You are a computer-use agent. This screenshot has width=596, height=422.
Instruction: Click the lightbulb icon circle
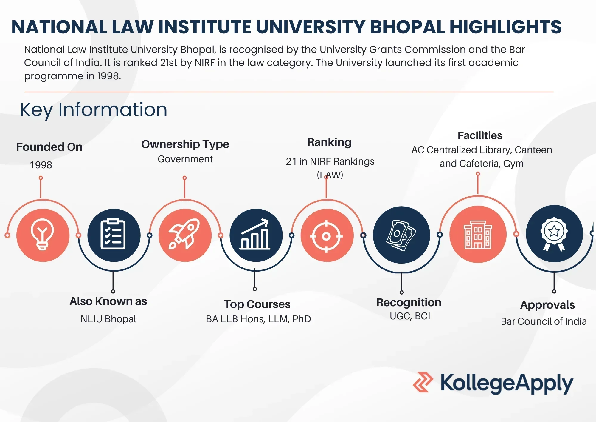(43, 235)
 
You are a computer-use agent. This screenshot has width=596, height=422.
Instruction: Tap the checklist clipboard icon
(114, 235)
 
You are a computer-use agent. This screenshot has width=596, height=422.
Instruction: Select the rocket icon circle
(185, 235)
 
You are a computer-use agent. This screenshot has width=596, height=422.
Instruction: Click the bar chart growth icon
(256, 235)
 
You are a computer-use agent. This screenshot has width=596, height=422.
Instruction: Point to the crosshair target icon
(327, 236)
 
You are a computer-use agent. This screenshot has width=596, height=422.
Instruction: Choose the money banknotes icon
(401, 235)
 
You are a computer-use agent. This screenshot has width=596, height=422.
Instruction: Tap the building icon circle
(478, 235)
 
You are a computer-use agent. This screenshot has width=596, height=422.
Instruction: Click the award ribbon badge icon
(554, 234)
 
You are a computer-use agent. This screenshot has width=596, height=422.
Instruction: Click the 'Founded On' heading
(49, 147)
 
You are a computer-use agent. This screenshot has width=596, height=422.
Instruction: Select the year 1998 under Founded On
(41, 165)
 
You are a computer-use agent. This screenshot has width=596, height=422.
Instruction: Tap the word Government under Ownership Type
(185, 159)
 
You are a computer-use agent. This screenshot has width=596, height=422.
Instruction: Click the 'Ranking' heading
(329, 142)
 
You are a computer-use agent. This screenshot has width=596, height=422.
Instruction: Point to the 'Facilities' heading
(480, 135)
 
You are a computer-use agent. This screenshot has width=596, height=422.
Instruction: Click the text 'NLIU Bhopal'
(108, 319)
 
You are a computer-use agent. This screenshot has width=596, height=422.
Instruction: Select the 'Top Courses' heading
(257, 304)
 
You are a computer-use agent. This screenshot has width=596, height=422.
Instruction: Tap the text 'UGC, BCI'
(410, 316)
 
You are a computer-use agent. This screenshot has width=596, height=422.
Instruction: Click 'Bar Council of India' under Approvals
(544, 321)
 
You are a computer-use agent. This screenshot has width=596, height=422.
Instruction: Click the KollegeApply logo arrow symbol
(423, 382)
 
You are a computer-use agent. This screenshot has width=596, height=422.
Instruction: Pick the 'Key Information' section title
(94, 110)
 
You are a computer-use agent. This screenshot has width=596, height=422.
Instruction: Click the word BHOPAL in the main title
(407, 27)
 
